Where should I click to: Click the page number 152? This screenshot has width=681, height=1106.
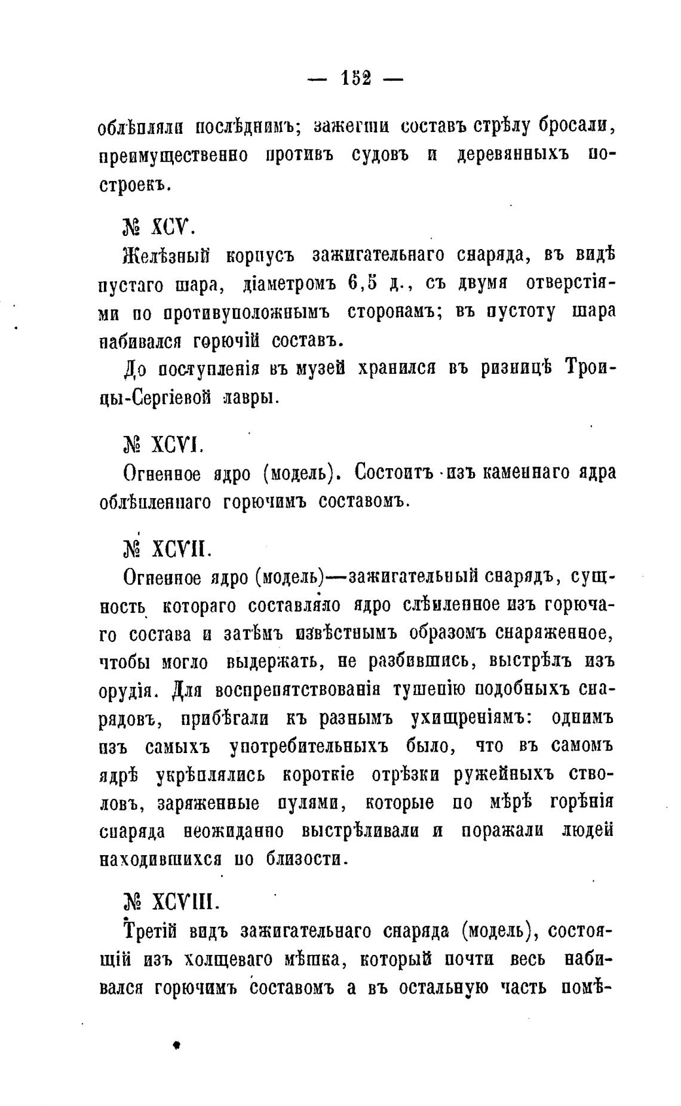(x=355, y=78)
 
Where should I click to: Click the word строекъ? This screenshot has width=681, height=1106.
(x=135, y=184)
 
